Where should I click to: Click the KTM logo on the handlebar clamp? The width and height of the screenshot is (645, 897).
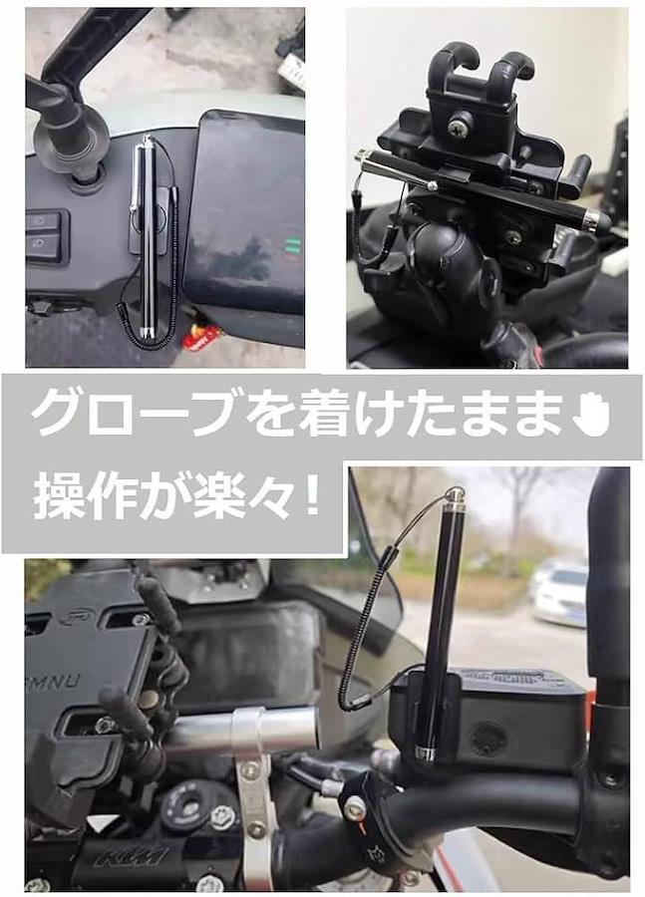pos(133,856)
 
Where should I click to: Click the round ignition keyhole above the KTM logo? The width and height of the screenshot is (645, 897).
pos(182,806)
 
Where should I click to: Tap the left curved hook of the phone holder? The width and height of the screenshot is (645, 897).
pos(450,61)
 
